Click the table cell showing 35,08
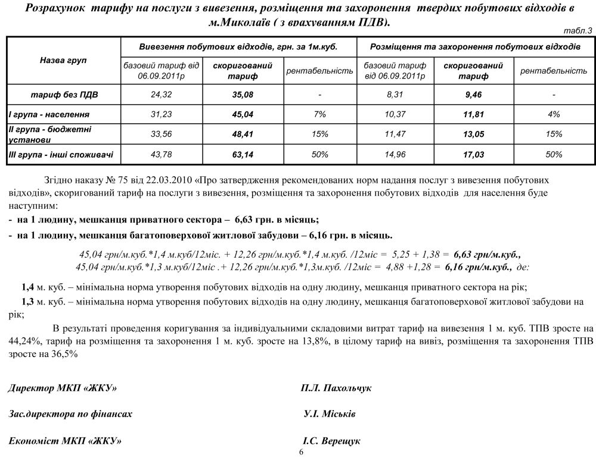[x=243, y=94]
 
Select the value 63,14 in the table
[x=243, y=155]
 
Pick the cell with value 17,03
[x=474, y=155]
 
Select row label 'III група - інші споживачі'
[x=61, y=155]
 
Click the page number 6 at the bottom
[x=301, y=452]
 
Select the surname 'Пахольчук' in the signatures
[x=347, y=388]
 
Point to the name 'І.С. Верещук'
[x=331, y=442]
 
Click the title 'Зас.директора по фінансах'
[x=70, y=414]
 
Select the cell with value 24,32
[x=162, y=94]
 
